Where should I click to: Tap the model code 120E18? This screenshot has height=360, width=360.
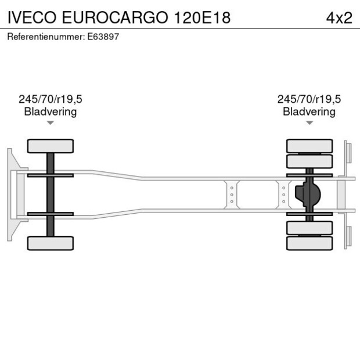pos(202,18)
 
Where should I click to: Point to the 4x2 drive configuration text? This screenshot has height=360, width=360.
pos(339,18)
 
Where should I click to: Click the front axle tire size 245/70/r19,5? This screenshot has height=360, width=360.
pos(51,99)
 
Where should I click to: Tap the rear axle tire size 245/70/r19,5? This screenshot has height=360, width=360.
pos(309,99)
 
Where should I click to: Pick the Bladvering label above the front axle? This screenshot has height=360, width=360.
pos(51,111)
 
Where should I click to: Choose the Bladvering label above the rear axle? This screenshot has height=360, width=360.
pos(309,111)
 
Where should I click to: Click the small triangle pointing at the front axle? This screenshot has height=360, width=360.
pos(51,123)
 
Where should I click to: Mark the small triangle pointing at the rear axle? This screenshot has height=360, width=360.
pos(309,123)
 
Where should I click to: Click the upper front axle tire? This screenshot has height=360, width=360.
pos(51,146)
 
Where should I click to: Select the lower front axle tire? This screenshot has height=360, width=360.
pos(51,243)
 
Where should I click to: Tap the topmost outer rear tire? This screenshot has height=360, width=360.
pos(309,146)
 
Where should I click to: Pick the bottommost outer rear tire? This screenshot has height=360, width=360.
pos(309,243)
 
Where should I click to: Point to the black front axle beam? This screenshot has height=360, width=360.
pos(51,195)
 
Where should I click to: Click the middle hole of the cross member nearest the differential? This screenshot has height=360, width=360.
pos(283,195)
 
